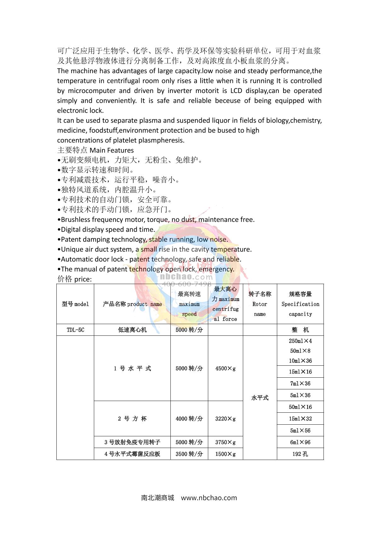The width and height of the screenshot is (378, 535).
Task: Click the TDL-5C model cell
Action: pyautogui.click(x=75, y=330)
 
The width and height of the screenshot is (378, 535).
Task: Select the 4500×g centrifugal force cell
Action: pyautogui.click(x=225, y=368)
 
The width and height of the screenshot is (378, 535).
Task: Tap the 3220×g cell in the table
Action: pyautogui.click(x=225, y=419)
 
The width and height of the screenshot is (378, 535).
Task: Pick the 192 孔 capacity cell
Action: pyautogui.click(x=300, y=454)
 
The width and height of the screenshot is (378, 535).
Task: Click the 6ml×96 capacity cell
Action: pyautogui.click(x=300, y=442)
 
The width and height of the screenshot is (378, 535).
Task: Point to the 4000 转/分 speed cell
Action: pyautogui.click(x=189, y=419)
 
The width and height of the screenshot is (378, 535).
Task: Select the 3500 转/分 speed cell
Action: pyautogui.click(x=189, y=454)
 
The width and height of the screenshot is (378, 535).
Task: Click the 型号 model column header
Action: pyautogui.click(x=75, y=304)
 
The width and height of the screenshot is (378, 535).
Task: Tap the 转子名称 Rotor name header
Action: pyautogui.click(x=260, y=304)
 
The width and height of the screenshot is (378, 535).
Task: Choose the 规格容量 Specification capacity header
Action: pyautogui.click(x=300, y=304)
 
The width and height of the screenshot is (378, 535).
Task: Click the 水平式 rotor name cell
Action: pyautogui.click(x=260, y=398)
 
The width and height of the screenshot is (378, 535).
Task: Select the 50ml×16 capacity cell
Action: pyautogui.click(x=300, y=407)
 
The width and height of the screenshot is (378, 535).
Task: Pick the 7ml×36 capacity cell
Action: pyautogui.click(x=300, y=383)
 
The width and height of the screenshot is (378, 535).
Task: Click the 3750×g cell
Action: pyautogui.click(x=225, y=442)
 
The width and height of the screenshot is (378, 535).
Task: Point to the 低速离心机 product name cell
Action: pyautogui.click(x=132, y=330)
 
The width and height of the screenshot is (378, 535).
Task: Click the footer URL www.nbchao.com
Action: pyautogui.click(x=209, y=498)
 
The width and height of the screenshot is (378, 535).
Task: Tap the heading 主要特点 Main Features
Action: pyautogui.click(x=95, y=150)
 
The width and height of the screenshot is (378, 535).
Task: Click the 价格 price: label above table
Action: pyautogui.click(x=75, y=279)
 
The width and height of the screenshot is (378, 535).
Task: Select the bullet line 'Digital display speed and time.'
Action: pyautogui.click(x=106, y=230)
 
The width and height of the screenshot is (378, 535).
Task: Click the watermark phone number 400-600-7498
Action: pyautogui.click(x=186, y=284)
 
